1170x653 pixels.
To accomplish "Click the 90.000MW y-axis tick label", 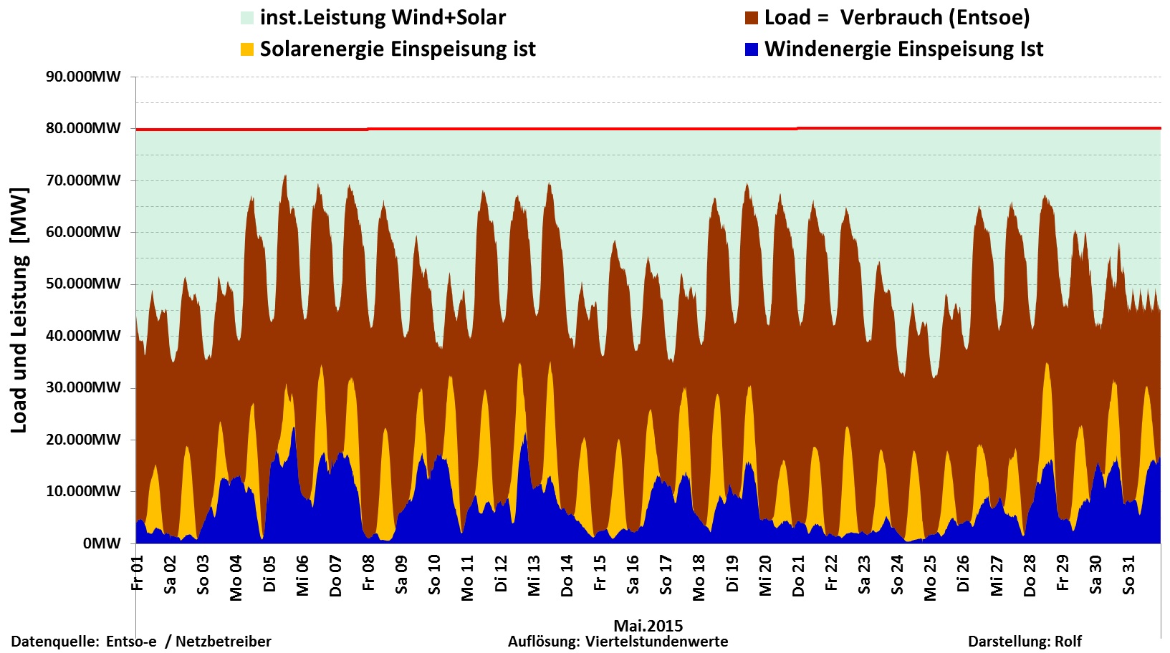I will pos(83,77).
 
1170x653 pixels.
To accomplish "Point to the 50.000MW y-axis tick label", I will pos(83,284).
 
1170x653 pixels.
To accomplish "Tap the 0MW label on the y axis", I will pos(102,543).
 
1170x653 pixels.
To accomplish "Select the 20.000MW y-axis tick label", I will pos(83,440).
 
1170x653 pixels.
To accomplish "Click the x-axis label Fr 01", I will pos(138,574).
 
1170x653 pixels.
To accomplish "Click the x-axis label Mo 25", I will pos(930,578).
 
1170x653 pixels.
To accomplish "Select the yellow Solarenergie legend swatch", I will pos(247,49).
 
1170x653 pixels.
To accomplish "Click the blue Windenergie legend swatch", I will pos(752,49).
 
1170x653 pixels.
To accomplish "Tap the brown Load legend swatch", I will pos(752,18).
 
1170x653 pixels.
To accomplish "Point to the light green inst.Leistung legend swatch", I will pos(247,18).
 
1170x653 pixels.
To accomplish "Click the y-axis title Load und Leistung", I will pos(19,310).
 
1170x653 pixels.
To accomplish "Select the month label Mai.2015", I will pos(648,625).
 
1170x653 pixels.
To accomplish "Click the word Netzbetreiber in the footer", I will pos(223,642).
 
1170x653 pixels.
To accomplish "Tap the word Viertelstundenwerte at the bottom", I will pos(656,642).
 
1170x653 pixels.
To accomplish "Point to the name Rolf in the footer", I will pos(1068,642).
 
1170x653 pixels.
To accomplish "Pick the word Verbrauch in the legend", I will pos(884,18).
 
